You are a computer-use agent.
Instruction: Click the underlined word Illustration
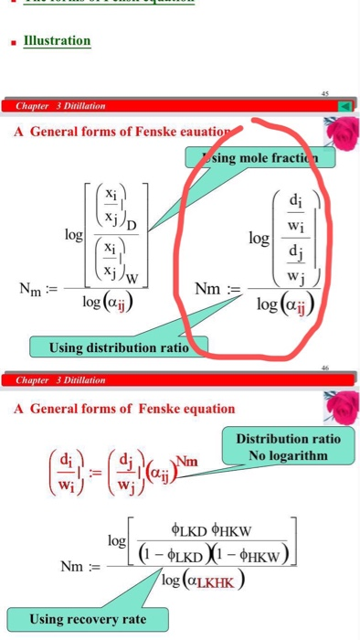pyautogui.click(x=57, y=40)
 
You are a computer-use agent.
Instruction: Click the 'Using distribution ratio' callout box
pyautogui.click(x=118, y=347)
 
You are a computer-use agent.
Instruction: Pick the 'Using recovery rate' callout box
pyautogui.click(x=87, y=619)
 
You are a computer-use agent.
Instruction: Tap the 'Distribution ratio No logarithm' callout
pyautogui.click(x=288, y=447)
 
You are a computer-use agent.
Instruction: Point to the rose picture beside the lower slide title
pyautogui.click(x=340, y=406)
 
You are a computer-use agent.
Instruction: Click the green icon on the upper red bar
pyautogui.click(x=345, y=106)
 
